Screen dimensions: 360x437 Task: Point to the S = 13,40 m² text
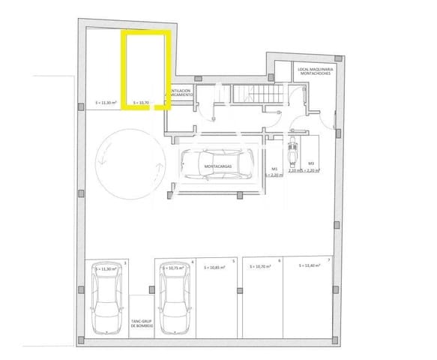point(310,266)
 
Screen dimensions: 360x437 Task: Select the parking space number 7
point(328,261)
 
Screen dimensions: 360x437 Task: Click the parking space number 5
point(234,261)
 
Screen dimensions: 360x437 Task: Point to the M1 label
point(275,169)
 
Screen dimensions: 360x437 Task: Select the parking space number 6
point(280,261)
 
